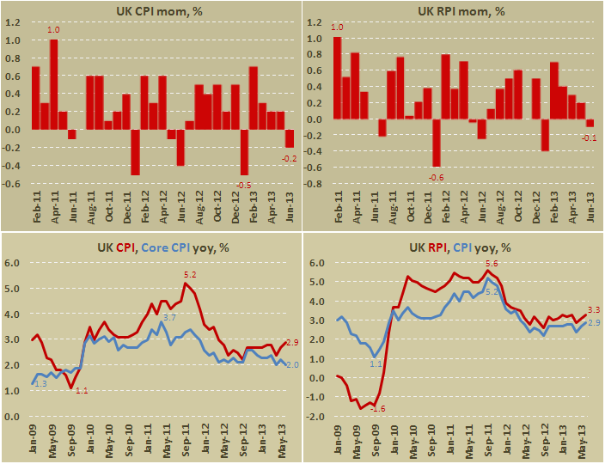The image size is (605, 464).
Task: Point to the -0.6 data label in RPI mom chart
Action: (436, 177)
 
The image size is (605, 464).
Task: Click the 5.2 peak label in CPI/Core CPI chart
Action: (191, 275)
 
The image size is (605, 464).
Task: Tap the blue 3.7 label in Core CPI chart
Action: (169, 318)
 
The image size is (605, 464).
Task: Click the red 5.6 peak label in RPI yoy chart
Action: (492, 263)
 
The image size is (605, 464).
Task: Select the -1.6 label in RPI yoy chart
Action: (377, 408)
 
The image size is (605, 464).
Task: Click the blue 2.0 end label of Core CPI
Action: (291, 365)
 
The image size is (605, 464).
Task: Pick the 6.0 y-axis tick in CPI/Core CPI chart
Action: (15, 263)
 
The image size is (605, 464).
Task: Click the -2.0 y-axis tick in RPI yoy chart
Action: (315, 417)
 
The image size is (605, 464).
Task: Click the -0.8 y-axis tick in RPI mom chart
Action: (315, 184)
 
